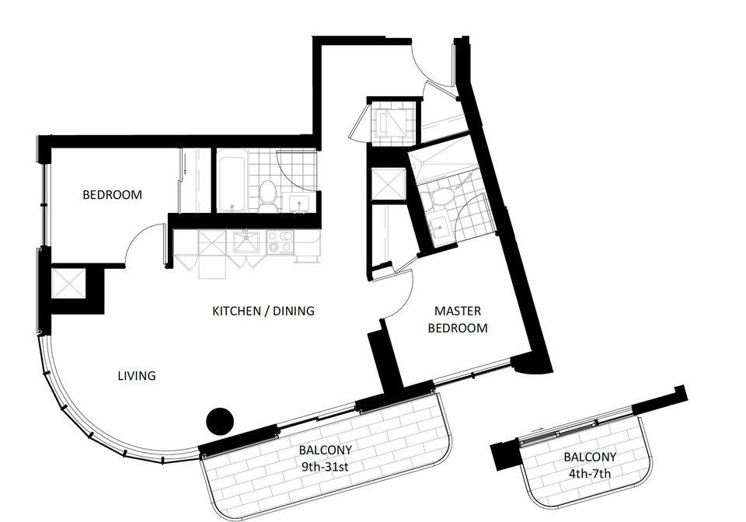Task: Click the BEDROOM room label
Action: click(112, 194)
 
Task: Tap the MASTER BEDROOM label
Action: click(458, 319)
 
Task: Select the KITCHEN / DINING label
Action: click(263, 311)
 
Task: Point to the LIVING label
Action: click(137, 375)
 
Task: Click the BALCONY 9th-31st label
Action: click(326, 458)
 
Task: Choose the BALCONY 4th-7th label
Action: click(590, 465)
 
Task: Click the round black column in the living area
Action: click(220, 421)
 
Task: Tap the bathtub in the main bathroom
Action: click(232, 181)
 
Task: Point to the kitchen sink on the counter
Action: click(247, 241)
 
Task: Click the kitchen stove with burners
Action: click(281, 242)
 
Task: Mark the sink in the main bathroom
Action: click(300, 203)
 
